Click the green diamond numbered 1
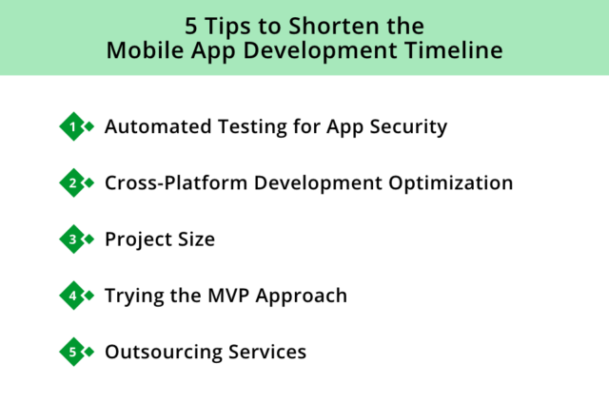click(72, 126)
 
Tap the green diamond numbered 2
click(72, 182)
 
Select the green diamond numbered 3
click(72, 239)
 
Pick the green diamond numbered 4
click(72, 296)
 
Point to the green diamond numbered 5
click(72, 352)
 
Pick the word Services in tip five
click(267, 352)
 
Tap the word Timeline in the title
click(455, 50)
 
